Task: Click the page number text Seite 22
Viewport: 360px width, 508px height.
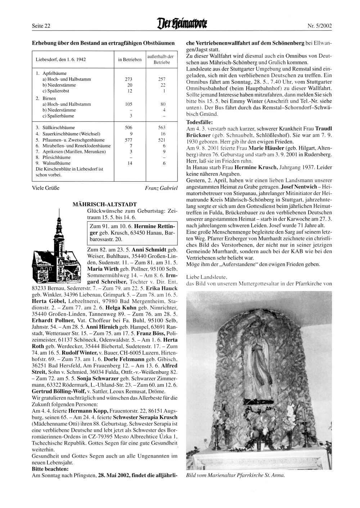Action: [41, 26]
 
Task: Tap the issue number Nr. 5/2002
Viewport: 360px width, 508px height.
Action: [319, 26]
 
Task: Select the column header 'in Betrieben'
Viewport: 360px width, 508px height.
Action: [130, 59]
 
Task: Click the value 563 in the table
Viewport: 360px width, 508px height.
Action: [162, 128]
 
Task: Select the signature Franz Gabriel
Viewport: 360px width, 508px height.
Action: [161, 188]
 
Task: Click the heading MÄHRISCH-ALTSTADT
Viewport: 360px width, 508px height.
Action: [104, 204]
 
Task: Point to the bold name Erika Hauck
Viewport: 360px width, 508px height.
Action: [165, 289]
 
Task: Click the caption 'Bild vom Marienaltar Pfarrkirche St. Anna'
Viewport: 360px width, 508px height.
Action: [235, 475]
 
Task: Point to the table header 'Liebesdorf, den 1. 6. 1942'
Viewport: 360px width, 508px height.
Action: [61, 59]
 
